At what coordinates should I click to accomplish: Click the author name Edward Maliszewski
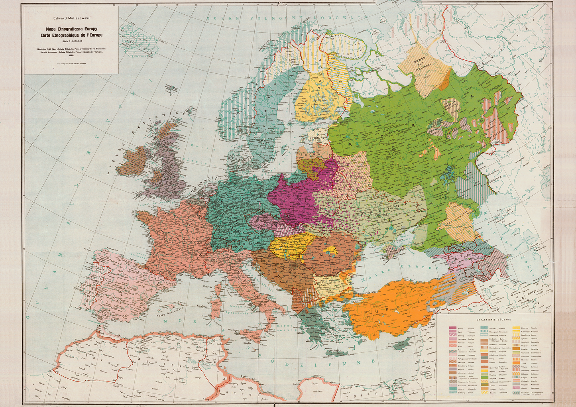71,18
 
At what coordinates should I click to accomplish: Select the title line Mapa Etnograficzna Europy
71,29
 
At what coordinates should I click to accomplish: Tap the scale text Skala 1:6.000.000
71,41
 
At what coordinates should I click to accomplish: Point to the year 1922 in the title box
71,55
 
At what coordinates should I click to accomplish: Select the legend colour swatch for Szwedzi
484,328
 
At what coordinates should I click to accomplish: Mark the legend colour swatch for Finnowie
517,328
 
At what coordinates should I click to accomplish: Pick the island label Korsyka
207,286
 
